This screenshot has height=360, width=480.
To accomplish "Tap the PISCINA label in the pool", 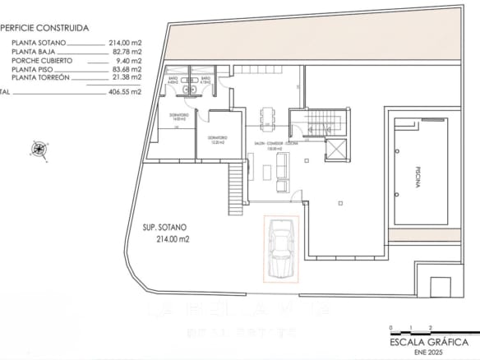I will point(417,178).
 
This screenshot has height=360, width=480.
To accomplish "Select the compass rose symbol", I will point(39,149).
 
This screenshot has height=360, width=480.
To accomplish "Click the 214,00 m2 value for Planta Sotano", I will point(125,42).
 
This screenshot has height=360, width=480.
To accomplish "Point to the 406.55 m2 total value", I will point(125,92).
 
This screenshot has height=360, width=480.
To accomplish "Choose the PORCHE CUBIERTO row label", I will point(42,60).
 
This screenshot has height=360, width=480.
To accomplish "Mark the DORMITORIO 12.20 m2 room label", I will point(217,139).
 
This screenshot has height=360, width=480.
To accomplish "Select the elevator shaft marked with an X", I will point(336,150).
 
